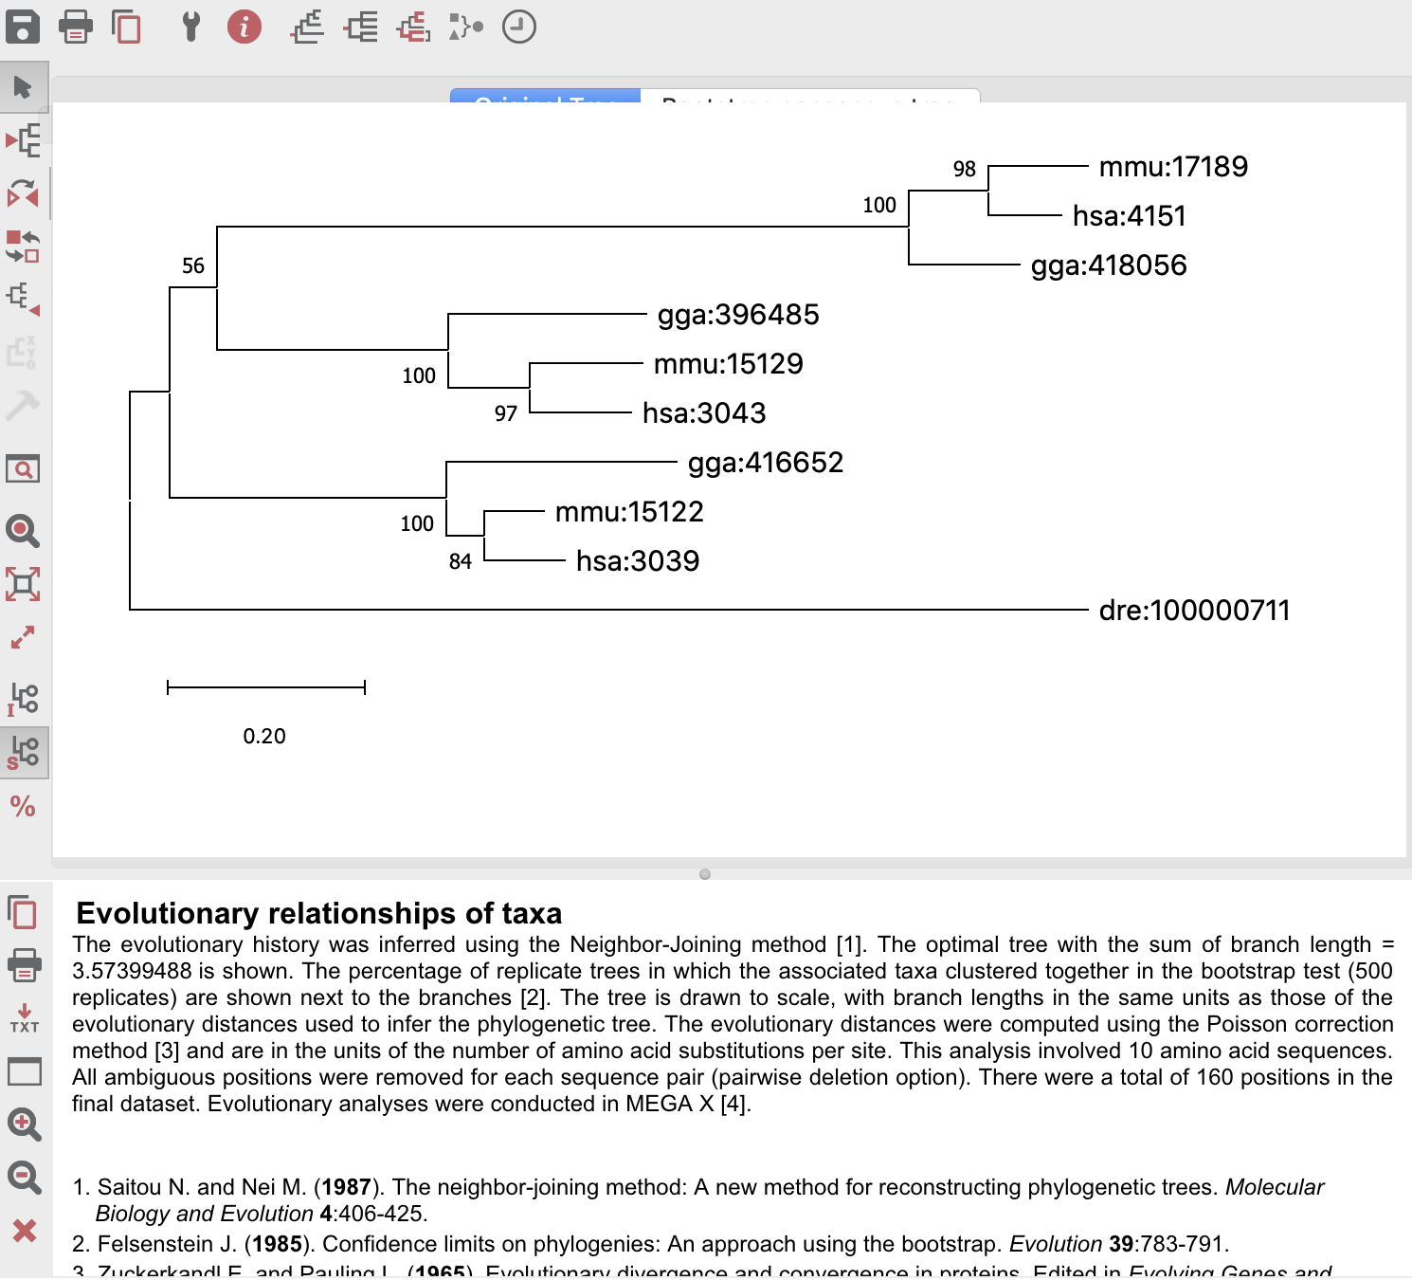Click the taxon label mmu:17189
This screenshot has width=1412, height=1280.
tap(1173, 167)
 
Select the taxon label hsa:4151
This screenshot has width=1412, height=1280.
tap(1129, 216)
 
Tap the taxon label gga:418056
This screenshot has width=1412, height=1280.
tap(1109, 265)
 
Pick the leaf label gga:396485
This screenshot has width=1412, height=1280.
tap(738, 315)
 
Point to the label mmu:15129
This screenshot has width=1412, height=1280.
tap(728, 364)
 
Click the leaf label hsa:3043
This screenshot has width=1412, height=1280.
tap(704, 413)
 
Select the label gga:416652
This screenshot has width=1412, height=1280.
tap(765, 463)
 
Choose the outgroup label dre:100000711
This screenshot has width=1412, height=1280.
tap(1194, 611)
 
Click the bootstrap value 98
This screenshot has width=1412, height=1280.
tap(964, 170)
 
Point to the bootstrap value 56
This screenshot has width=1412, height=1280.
tap(193, 266)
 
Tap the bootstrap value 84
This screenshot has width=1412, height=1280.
tap(461, 562)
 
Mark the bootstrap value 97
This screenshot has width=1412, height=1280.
tap(506, 414)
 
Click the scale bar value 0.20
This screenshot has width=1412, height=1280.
tap(264, 737)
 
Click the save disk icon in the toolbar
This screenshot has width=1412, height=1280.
tap(23, 27)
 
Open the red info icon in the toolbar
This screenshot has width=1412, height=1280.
tap(244, 27)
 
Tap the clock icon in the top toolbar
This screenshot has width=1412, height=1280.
tap(518, 27)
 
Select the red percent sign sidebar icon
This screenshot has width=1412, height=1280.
tap(23, 807)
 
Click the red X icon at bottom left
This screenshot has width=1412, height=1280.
tap(25, 1231)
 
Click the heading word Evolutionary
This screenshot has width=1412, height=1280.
tap(167, 913)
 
